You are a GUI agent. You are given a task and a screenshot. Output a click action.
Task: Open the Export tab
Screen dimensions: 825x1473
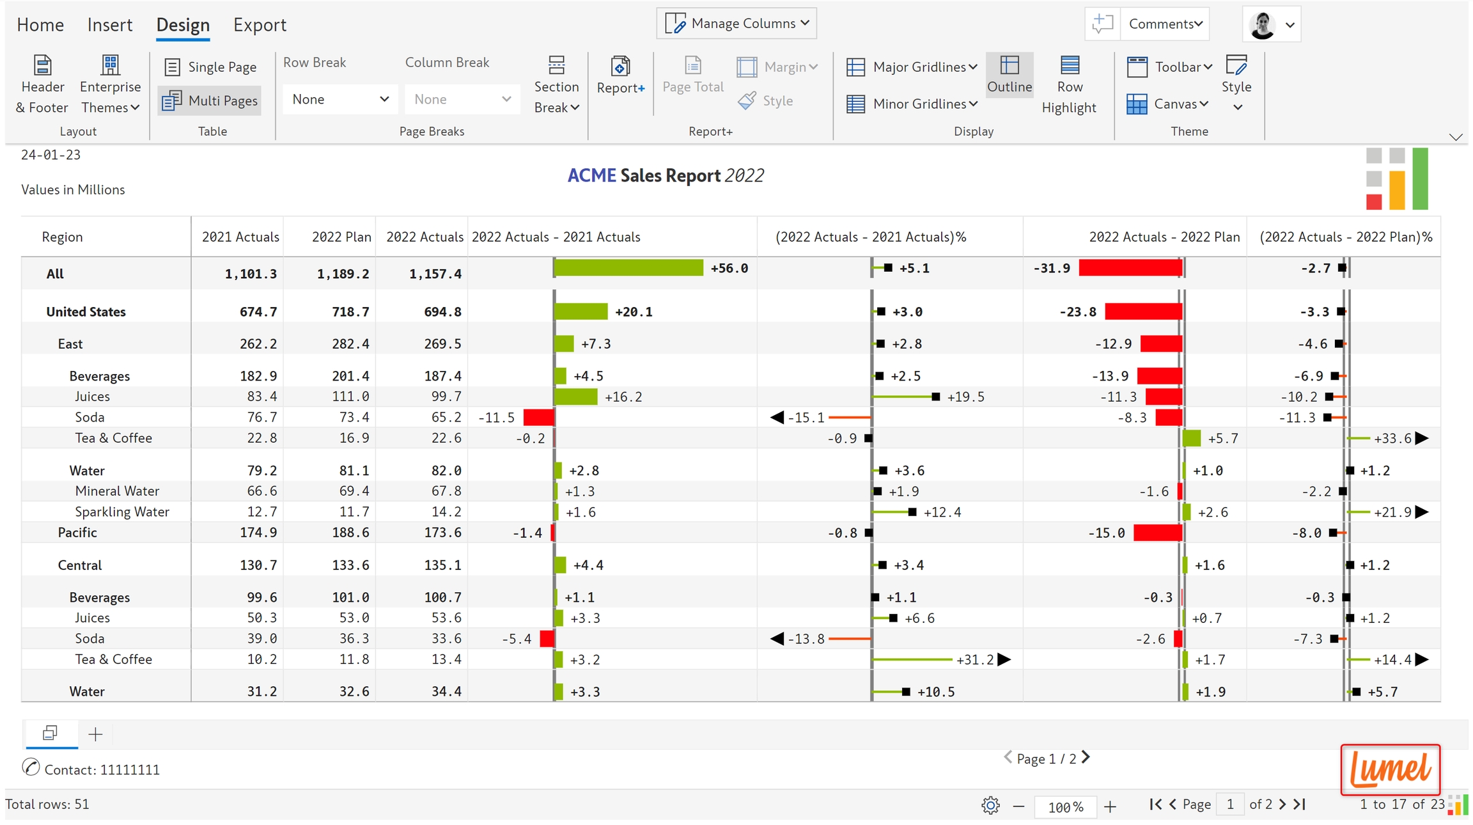(259, 25)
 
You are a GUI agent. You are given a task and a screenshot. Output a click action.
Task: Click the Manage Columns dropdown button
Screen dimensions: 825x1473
(736, 24)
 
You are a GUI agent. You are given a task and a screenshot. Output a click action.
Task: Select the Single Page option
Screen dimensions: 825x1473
(210, 67)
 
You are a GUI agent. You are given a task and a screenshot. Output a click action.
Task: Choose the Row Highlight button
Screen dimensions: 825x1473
(1069, 85)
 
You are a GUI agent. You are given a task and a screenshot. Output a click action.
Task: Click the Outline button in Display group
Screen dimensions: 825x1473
(1009, 75)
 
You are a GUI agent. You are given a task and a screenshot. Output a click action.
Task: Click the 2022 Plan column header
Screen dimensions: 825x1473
(341, 237)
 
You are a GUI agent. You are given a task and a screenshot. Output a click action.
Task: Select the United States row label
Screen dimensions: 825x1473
(86, 312)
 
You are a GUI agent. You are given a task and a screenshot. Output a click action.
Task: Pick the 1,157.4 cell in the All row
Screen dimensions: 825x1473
(435, 274)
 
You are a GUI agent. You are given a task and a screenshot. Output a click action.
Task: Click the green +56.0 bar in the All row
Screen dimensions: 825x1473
(628, 268)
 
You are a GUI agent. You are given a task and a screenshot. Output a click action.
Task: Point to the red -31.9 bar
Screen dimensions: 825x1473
(1130, 268)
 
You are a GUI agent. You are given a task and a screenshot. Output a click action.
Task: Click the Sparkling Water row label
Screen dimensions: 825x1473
(122, 512)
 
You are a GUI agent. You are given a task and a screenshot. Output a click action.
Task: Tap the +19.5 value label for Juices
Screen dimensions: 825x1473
(965, 397)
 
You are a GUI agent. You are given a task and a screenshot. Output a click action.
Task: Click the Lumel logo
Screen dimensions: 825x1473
(1390, 769)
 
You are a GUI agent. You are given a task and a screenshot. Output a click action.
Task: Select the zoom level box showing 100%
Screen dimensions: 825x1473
(1064, 806)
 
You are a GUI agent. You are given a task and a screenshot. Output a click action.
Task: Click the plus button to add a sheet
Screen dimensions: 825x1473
(95, 734)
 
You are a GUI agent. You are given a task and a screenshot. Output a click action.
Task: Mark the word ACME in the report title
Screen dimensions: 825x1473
(591, 176)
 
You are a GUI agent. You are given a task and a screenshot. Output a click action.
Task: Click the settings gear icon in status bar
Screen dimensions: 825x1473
(990, 806)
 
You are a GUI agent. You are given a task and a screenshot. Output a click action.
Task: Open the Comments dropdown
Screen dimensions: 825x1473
(1165, 24)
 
